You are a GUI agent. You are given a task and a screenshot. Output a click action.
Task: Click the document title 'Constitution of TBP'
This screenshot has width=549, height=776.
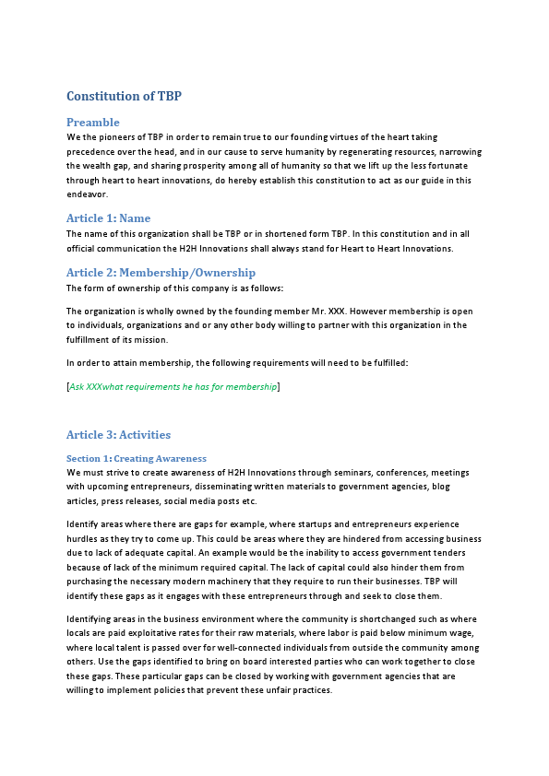(x=130, y=96)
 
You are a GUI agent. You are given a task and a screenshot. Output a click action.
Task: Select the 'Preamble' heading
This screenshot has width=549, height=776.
(x=93, y=122)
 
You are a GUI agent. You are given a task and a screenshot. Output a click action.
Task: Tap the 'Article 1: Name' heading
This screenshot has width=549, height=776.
(x=108, y=218)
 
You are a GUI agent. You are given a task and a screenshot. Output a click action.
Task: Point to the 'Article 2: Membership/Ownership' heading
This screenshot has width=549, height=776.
(x=161, y=273)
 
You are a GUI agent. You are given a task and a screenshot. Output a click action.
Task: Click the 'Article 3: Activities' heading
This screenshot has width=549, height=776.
(x=118, y=435)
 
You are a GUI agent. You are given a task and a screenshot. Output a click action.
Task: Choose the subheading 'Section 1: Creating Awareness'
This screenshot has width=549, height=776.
(x=137, y=458)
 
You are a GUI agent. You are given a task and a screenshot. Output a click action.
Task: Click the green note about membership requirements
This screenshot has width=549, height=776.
(x=173, y=387)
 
